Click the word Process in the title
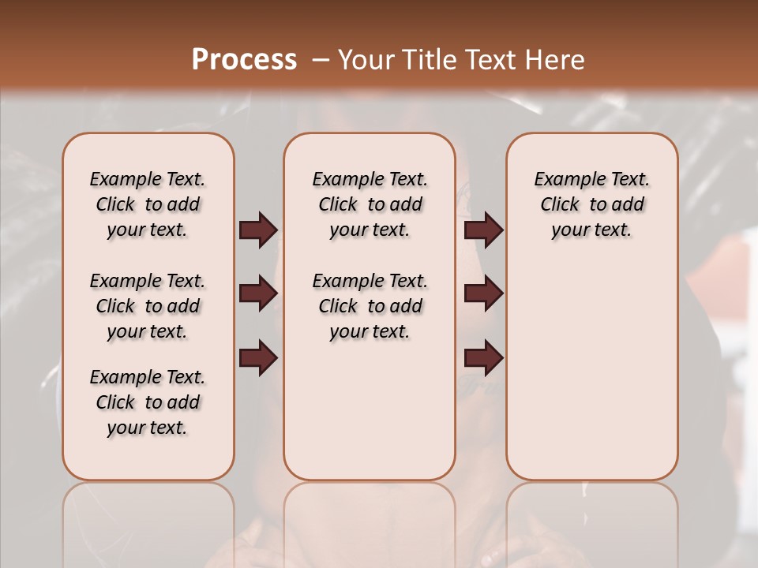tap(244, 60)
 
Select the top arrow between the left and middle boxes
tap(258, 230)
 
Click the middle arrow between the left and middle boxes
tap(258, 294)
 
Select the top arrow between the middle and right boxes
tap(483, 230)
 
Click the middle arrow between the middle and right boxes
tap(483, 294)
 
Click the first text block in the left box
tap(148, 204)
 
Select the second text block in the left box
tap(148, 306)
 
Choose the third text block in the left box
tap(148, 402)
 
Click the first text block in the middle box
tap(370, 204)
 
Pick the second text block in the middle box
tap(370, 306)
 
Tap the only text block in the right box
tap(591, 204)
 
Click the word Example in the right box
tap(565, 180)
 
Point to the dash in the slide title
tap(321, 60)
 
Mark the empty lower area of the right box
tap(591, 379)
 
